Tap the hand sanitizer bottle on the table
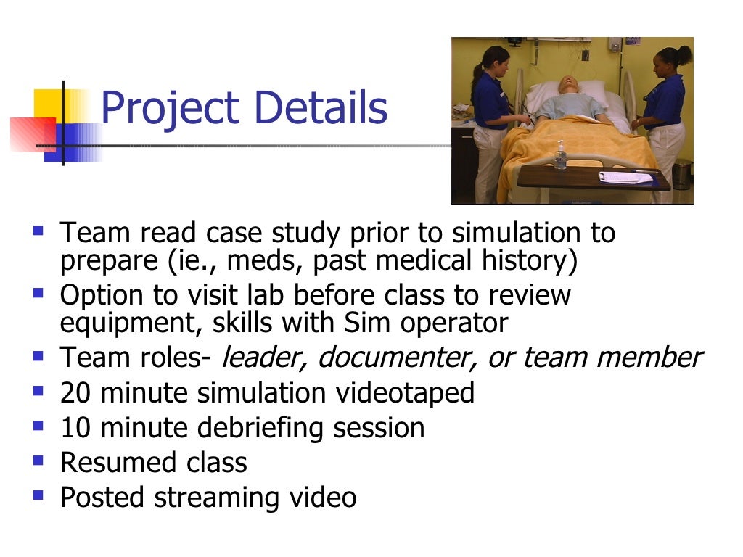pyautogui.click(x=559, y=155)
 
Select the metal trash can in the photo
pyautogui.click(x=682, y=174)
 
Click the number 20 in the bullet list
pyautogui.click(x=75, y=393)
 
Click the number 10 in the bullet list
pyautogui.click(x=75, y=428)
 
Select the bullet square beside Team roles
pyautogui.click(x=38, y=355)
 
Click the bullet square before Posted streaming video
pyautogui.click(x=38, y=495)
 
